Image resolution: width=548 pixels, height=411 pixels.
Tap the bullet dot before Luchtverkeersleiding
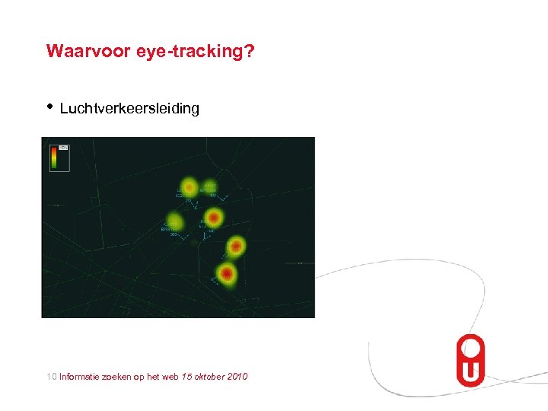coord(50,107)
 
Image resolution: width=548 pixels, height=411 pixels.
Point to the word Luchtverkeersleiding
coord(129,109)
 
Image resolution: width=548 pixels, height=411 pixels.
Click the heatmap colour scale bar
coord(54,158)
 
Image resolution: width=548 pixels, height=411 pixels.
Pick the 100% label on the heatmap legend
coord(63,148)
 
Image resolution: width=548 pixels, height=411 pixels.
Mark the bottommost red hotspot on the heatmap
coord(227,272)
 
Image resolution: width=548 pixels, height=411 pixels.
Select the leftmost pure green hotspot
coord(176,221)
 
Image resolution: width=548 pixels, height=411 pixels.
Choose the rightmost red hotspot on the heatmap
coord(236,246)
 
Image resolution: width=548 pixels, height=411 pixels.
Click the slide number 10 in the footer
coord(51,377)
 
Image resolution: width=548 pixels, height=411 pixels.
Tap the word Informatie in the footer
coord(82,377)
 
